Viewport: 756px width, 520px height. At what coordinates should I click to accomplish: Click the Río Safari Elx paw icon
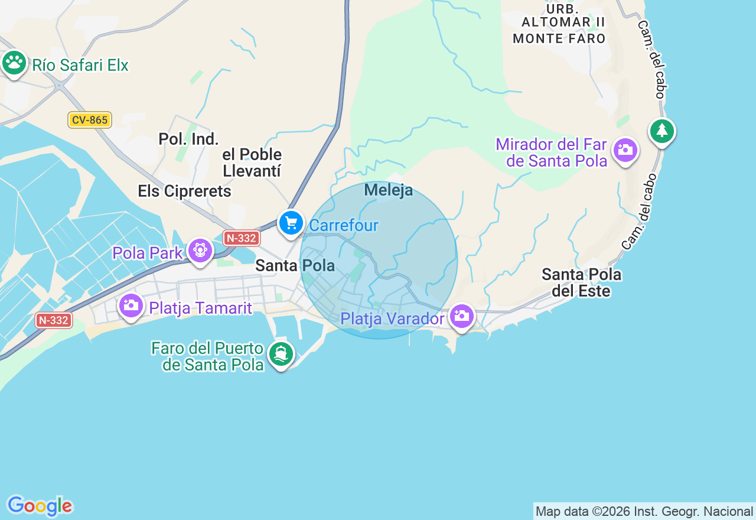click(14, 62)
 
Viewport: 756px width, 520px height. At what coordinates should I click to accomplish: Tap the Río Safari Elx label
click(80, 65)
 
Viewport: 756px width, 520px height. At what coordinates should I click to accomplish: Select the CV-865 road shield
click(89, 120)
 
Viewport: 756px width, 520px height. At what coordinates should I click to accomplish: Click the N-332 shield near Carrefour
click(242, 238)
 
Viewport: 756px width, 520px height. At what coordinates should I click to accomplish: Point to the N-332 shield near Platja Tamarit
click(54, 320)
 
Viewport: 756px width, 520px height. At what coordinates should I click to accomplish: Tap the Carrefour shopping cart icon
click(291, 223)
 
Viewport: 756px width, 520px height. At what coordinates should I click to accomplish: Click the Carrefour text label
click(343, 225)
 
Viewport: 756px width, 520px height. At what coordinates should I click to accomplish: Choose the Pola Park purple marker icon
click(200, 251)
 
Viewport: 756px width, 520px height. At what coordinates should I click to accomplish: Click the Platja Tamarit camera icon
click(131, 305)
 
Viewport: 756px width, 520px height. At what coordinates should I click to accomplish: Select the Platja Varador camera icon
click(461, 316)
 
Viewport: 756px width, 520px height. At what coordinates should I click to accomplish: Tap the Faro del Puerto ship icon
click(281, 354)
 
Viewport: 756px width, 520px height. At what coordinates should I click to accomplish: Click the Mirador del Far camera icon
click(625, 149)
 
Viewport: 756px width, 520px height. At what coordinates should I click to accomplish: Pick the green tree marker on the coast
click(661, 131)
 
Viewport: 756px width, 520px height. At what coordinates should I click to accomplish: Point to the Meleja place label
click(388, 190)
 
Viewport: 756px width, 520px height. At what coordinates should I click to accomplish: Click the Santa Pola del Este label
click(581, 282)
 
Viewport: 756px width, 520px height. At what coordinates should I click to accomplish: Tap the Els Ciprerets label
click(184, 191)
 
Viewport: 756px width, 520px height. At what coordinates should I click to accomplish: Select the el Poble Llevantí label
click(252, 162)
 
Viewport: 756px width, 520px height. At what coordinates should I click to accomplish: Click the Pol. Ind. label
click(188, 139)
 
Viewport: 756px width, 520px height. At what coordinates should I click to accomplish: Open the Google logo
click(40, 506)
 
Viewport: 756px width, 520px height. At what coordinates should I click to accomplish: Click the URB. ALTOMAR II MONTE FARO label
click(559, 24)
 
